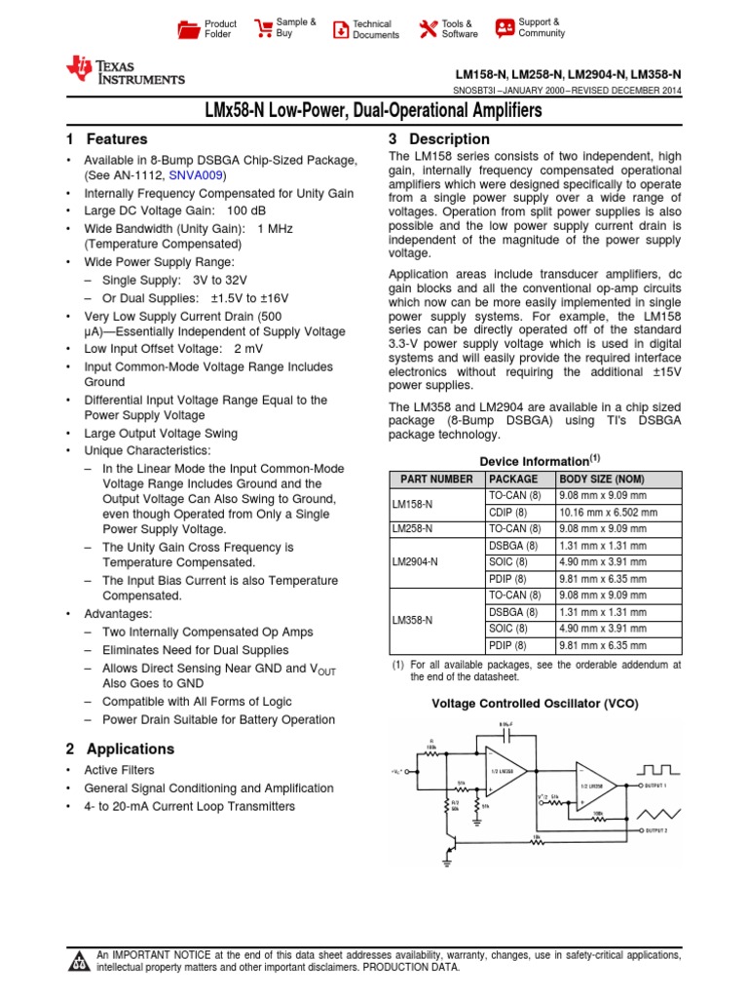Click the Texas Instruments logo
124,71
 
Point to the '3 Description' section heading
439,139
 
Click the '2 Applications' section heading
120,748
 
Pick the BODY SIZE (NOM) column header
602,480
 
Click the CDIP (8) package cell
507,512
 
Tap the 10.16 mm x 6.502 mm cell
608,512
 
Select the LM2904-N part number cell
415,562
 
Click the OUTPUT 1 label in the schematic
663,784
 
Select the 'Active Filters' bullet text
119,770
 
